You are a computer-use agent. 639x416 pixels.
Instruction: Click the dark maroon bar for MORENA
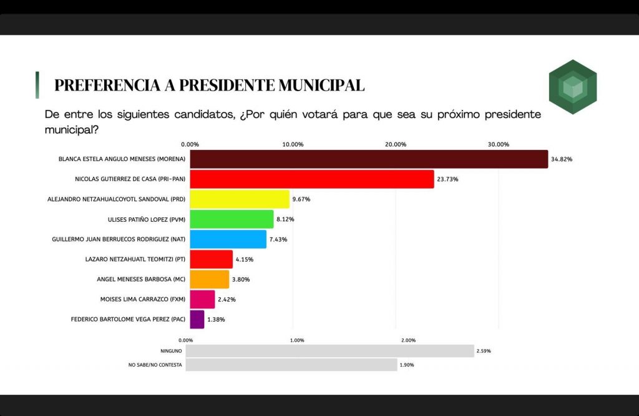coord(369,159)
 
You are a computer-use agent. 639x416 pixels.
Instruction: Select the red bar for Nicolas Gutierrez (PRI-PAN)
coord(312,179)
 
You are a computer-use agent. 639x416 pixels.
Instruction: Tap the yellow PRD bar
coord(240,199)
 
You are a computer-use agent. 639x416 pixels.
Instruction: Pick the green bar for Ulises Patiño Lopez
coord(232,219)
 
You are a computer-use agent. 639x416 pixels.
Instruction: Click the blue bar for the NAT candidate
coord(228,239)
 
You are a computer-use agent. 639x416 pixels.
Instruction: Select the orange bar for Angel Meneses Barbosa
coord(210,279)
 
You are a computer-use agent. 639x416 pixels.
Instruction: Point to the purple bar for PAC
coord(197,319)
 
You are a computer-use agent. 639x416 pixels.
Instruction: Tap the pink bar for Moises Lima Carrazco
coord(202,299)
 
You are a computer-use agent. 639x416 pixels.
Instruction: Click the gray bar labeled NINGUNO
coord(329,351)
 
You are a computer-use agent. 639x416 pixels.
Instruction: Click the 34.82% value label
coord(562,159)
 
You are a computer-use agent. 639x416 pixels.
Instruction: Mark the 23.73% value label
coord(447,179)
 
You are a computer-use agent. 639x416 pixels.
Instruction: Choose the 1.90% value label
coord(406,365)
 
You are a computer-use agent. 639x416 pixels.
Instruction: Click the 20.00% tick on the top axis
coord(396,144)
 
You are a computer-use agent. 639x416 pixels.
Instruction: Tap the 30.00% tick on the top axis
coord(498,144)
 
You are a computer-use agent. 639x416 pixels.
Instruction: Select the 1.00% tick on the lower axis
coord(297,340)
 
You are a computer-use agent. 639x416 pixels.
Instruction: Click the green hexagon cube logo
coord(573,87)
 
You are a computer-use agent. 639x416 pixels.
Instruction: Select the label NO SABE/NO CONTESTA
coord(155,365)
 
